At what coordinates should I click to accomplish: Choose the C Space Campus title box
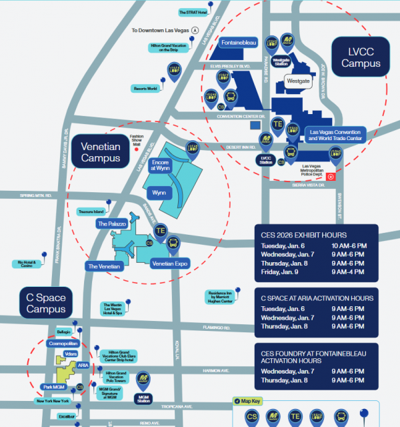click(x=46, y=302)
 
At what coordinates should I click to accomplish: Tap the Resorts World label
click(x=144, y=88)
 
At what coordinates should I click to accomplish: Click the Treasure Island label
click(x=92, y=211)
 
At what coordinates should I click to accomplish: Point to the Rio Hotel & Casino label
click(x=26, y=264)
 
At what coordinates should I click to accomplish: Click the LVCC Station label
click(x=267, y=160)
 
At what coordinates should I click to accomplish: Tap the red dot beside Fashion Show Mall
click(x=136, y=150)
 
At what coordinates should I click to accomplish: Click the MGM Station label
click(x=143, y=398)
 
